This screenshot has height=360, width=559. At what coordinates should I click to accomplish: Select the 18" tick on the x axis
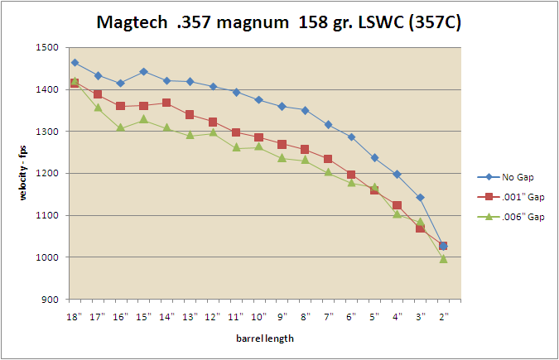(75, 316)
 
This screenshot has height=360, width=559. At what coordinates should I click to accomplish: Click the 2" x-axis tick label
(443, 316)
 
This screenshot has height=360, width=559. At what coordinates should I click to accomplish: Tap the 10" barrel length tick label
(259, 316)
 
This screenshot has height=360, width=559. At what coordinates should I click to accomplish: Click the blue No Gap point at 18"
(75, 63)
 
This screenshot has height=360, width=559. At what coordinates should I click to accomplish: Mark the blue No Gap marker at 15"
(144, 71)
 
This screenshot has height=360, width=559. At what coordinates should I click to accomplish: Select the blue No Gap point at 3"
(420, 197)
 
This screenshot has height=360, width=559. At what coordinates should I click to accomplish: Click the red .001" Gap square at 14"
(166, 103)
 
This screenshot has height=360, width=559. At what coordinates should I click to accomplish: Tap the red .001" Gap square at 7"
(328, 159)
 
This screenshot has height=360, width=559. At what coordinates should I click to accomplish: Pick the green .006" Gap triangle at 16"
(121, 127)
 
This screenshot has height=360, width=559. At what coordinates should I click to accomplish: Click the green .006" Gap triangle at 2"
(443, 259)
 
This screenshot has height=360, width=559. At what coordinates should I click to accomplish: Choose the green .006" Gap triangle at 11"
(236, 147)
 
